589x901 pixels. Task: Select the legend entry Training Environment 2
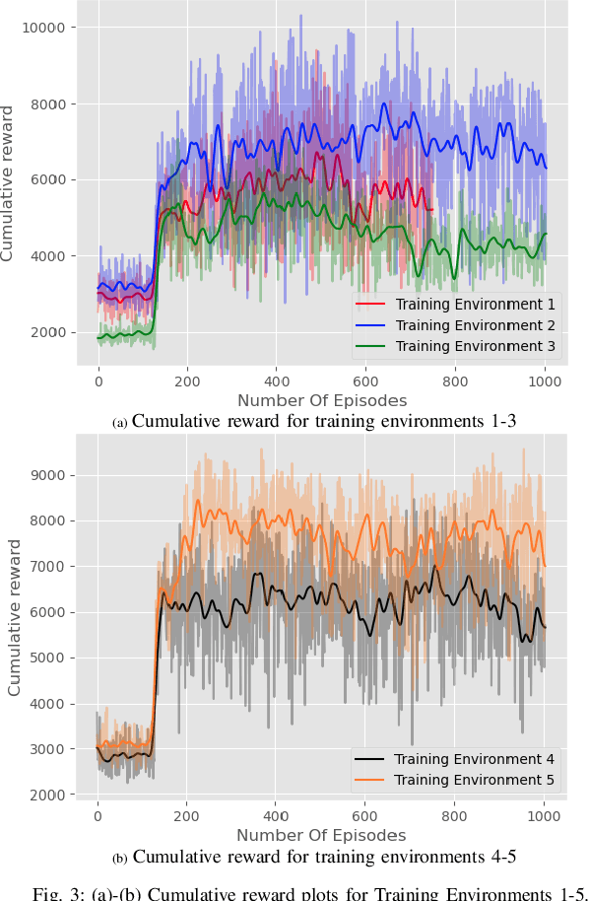tap(475, 325)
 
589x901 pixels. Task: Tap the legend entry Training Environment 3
tap(475, 346)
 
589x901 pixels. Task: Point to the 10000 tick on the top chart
tap(44, 28)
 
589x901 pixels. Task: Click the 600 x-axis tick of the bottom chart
tap(365, 816)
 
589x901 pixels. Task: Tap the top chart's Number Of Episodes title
tap(321, 400)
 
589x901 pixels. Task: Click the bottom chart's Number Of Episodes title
tap(321, 835)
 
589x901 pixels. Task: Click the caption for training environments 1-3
tap(316, 422)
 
